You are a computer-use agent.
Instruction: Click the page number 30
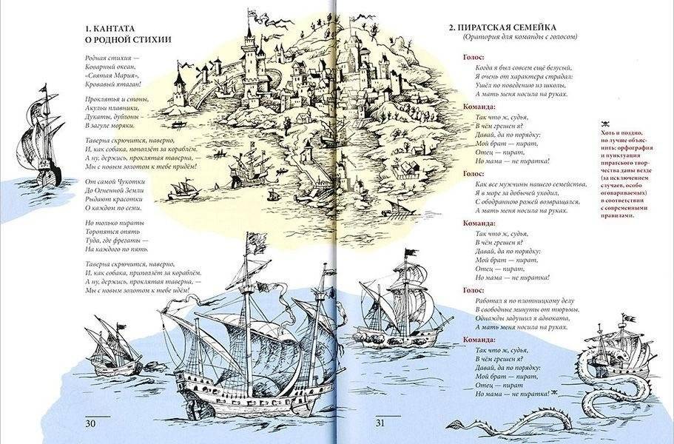coord(91,423)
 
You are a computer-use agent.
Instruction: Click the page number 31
coord(381,423)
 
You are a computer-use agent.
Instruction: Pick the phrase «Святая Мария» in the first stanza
coord(111,76)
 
